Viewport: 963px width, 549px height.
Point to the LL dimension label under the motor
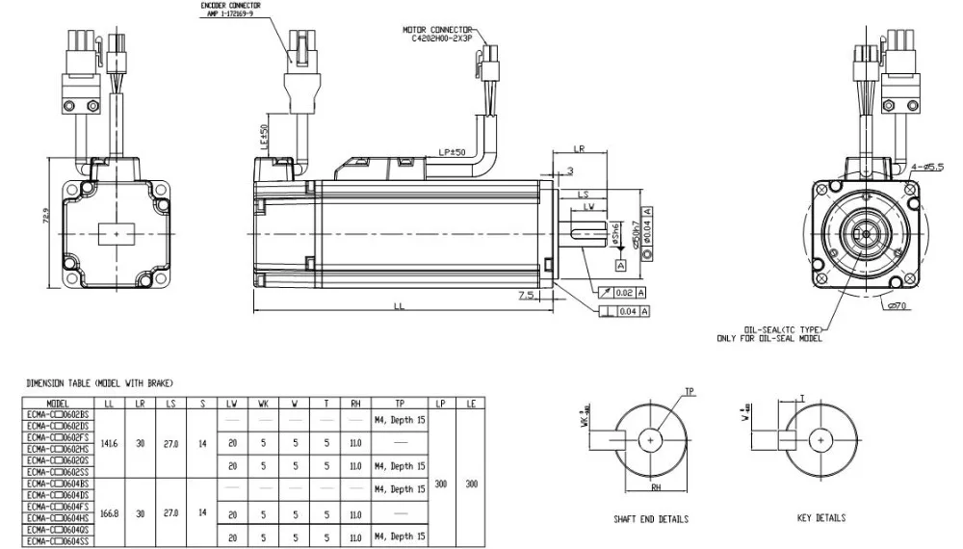399,306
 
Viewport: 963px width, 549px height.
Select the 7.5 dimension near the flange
526,295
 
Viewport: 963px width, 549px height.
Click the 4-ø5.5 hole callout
927,168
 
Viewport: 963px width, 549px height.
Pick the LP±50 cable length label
451,152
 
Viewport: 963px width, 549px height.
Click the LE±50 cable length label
265,138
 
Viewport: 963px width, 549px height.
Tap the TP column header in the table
400,405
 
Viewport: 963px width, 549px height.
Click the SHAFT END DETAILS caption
651,520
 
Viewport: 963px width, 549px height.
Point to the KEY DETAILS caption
820,518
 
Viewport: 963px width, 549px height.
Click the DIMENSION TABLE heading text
99,383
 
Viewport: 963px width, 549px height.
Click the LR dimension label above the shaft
579,149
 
